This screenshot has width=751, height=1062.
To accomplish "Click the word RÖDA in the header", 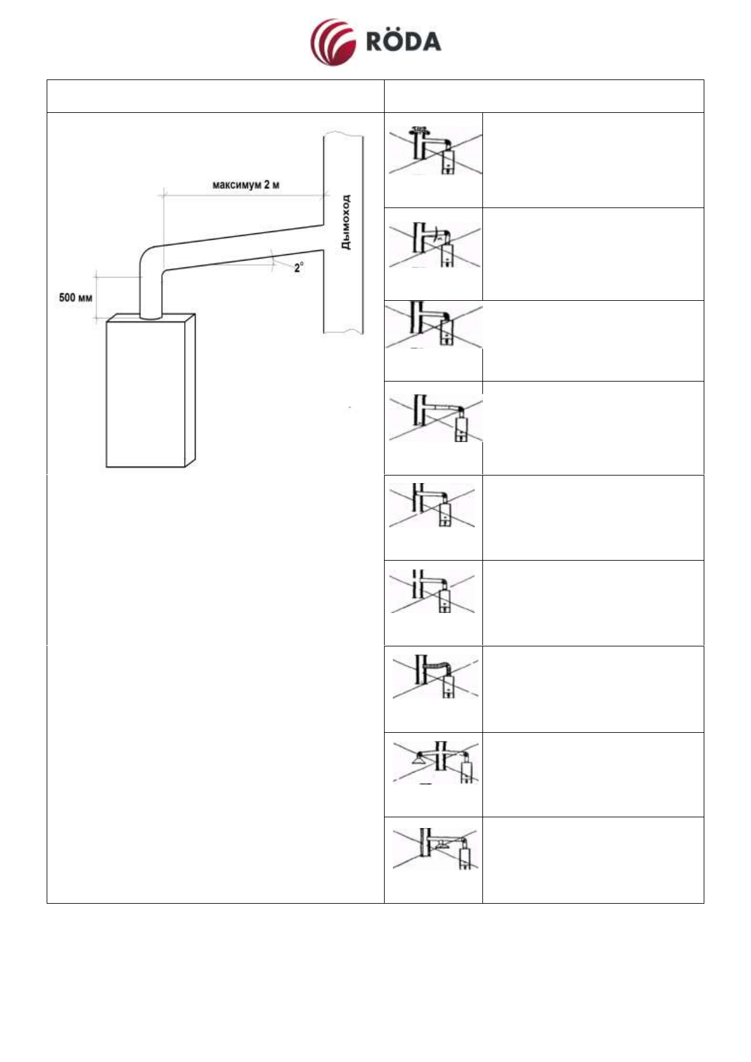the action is (x=404, y=42).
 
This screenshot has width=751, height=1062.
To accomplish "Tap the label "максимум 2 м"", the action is (x=245, y=185).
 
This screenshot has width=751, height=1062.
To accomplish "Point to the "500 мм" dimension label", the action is (x=76, y=297).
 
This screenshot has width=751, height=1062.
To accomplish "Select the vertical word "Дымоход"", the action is (x=346, y=222).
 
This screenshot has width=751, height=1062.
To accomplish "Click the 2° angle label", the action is (x=298, y=267).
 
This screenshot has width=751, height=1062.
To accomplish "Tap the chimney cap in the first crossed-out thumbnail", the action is (x=417, y=130).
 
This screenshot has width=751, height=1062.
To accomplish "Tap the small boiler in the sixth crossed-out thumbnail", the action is (x=445, y=602).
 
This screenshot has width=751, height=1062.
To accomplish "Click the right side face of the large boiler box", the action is (x=190, y=388).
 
